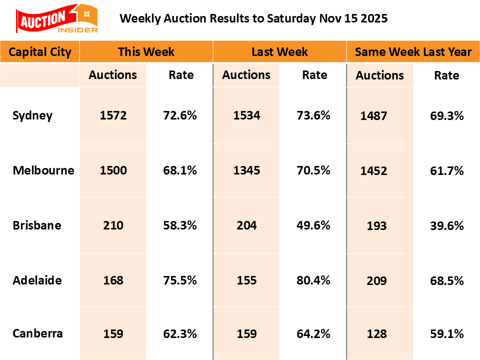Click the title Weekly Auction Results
pos(253,18)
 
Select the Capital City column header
pos(40,52)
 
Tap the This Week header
pos(146,52)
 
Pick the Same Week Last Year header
pos(413,52)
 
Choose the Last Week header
pos(279,52)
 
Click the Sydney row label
pos(32,116)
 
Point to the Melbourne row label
pos(43,170)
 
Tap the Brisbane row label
pos(37,225)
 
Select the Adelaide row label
pos(37,280)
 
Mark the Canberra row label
pos(38,333)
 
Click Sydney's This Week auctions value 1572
pos(113,116)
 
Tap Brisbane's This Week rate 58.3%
pos(180,225)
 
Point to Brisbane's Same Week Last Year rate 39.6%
pos(447,226)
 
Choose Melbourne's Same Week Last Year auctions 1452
pos(373,171)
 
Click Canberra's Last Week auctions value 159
pos(246,333)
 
